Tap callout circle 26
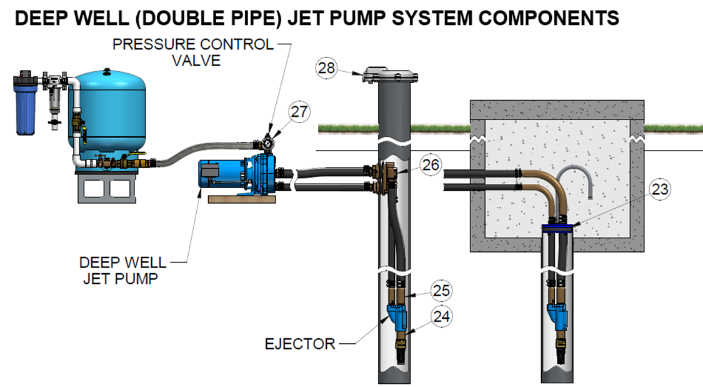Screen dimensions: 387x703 tap(431, 165)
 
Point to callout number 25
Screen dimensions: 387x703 tap(440, 291)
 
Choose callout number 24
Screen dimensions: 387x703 tap(440, 316)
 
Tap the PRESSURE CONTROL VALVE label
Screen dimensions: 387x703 tap(192, 53)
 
